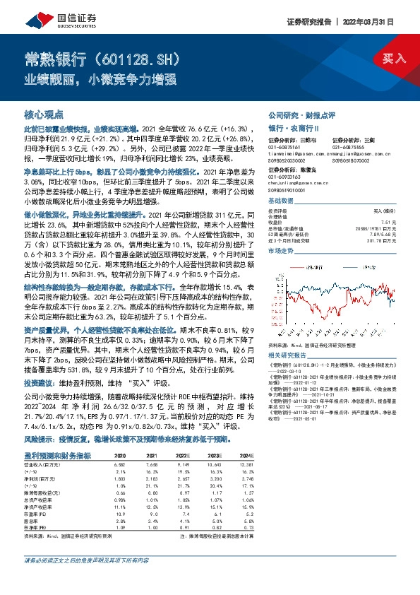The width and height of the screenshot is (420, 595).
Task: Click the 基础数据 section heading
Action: click(x=280, y=200)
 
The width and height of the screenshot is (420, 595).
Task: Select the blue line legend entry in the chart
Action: click(x=362, y=268)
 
